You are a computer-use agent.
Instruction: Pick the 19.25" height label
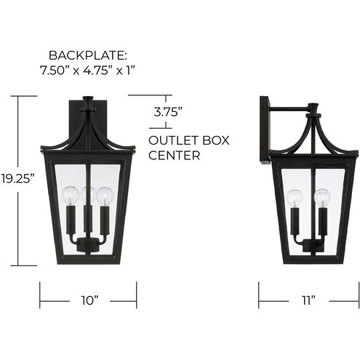point(17,178)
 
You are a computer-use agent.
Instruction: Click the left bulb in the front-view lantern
point(70,195)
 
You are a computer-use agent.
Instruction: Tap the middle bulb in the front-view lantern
point(88,193)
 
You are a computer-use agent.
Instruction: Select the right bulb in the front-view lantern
point(105,195)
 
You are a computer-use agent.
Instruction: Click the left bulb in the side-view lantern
point(295,198)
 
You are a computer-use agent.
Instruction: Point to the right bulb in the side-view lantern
point(321,198)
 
